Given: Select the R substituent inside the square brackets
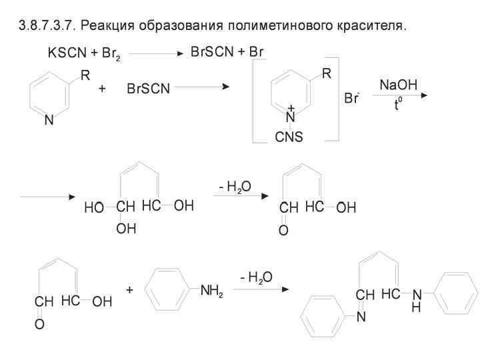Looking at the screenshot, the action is coord(327,75).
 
